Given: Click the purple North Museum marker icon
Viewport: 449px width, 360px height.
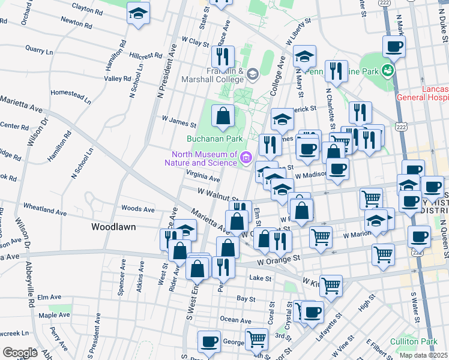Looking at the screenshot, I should coord(246,158).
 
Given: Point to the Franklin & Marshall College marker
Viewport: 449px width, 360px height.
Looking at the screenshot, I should coord(252,74).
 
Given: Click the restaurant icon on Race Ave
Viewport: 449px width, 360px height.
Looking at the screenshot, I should coord(223,56).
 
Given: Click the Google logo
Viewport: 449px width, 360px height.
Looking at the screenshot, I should coord(20,352).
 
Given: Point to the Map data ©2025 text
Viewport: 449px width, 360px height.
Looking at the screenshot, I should coord(423,355).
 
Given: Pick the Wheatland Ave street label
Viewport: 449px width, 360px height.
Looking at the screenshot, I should coord(44,211).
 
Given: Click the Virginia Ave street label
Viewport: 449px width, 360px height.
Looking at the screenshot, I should coord(203,178).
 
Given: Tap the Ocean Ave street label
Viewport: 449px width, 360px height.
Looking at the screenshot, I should coord(231,319).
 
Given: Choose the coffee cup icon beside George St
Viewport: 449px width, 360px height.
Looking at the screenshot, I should coord(209,341).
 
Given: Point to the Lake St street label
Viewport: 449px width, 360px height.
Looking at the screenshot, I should coord(261,278).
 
